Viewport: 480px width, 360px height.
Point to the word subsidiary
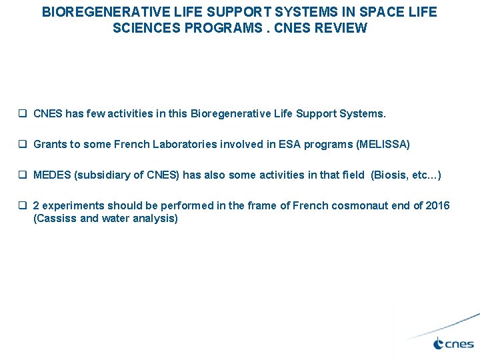click(x=104, y=175)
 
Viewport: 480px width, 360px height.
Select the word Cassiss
click(x=55, y=218)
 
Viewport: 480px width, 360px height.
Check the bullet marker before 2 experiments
click(x=23, y=205)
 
